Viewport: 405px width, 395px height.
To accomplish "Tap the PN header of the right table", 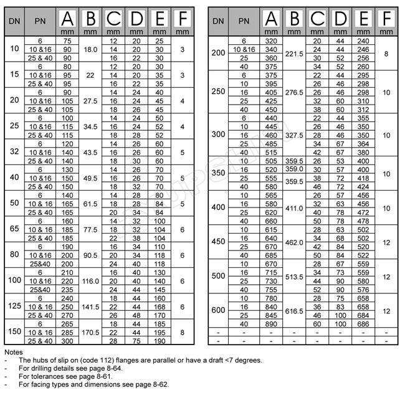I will [x=245, y=21].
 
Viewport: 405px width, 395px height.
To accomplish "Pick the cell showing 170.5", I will [x=91, y=333].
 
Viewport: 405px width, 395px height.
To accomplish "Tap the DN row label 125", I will [x=14, y=307].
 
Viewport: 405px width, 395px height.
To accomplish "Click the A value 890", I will [x=270, y=325].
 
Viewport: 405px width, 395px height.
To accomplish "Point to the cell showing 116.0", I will [x=91, y=281].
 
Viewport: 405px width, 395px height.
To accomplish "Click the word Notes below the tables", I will [x=13, y=353].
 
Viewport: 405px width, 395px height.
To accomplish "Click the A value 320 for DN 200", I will [x=270, y=40].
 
